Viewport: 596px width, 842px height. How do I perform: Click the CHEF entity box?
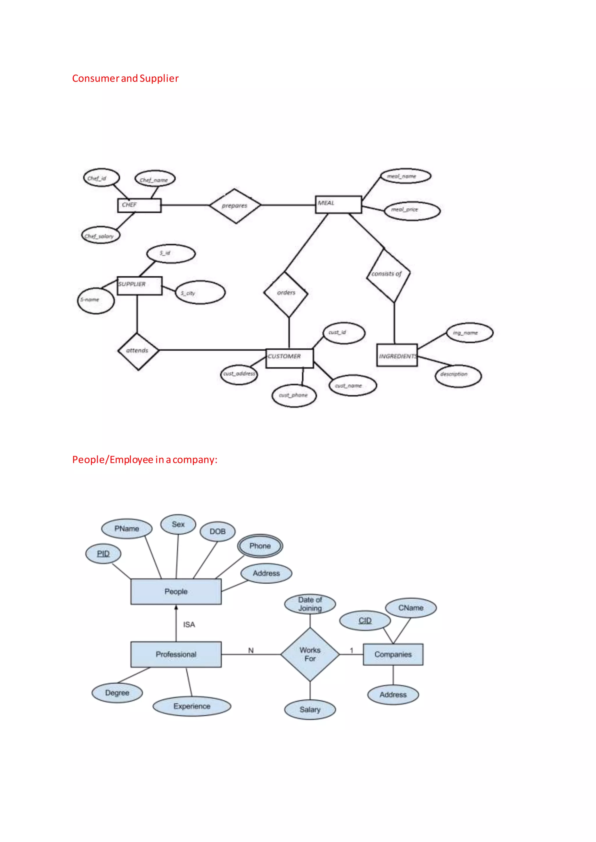(x=139, y=205)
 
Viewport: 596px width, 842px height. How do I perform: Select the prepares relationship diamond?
(x=235, y=206)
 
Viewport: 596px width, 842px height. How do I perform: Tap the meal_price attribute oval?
(x=412, y=211)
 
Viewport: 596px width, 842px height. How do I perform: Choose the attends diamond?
(x=138, y=351)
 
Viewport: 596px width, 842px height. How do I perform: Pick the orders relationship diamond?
(x=286, y=293)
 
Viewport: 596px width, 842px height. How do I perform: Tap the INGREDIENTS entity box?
(x=397, y=355)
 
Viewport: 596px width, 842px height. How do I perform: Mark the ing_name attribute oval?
(x=469, y=333)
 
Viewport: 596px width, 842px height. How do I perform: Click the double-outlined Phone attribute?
(x=260, y=546)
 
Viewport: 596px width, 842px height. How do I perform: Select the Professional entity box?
(x=176, y=654)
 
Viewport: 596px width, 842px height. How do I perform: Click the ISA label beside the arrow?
(x=189, y=625)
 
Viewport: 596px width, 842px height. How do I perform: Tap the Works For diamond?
(x=310, y=654)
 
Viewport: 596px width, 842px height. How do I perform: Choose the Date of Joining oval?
(x=310, y=604)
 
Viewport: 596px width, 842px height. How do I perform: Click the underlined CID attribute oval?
(x=365, y=620)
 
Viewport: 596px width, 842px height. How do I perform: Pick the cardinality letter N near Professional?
(x=251, y=650)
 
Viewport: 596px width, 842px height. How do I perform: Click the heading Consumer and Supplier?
(x=125, y=79)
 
